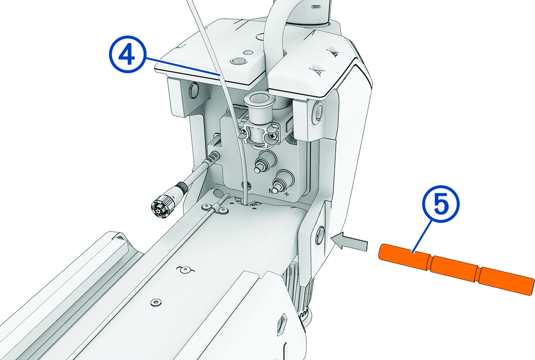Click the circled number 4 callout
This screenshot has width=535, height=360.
click(x=127, y=56)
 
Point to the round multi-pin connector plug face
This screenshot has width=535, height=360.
click(x=160, y=207)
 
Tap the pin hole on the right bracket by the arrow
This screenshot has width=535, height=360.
click(x=320, y=235)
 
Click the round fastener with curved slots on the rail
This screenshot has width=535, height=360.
click(x=183, y=270)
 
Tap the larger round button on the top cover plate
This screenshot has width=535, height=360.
click(x=237, y=60)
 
